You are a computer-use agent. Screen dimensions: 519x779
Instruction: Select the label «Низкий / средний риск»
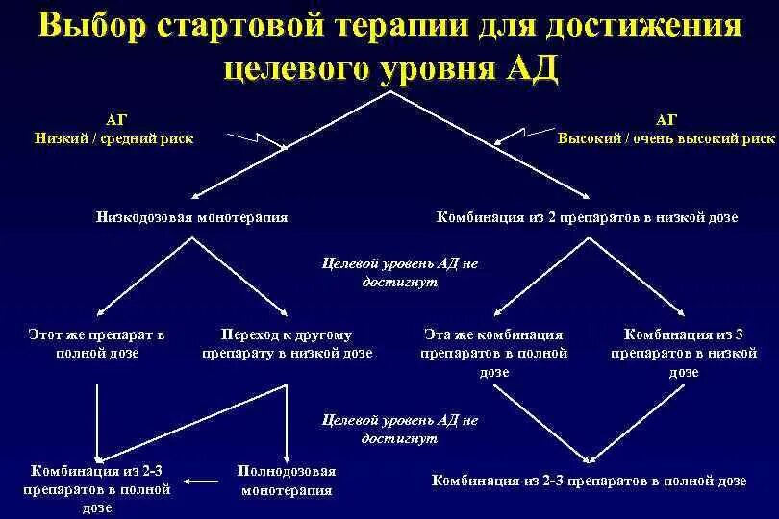tap(114, 137)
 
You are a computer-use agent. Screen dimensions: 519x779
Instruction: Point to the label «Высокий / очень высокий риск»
tap(666, 137)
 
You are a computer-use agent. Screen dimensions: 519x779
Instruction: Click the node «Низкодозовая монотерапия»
tap(191, 218)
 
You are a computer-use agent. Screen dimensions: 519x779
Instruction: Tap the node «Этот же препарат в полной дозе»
tap(96, 344)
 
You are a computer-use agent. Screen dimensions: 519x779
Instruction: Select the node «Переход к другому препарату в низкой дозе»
tap(287, 344)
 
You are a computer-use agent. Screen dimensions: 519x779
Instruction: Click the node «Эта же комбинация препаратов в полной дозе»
tap(493, 353)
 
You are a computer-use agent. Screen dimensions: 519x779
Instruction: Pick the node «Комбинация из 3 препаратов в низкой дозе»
tap(684, 353)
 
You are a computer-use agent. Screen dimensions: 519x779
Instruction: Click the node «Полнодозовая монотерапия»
tap(287, 481)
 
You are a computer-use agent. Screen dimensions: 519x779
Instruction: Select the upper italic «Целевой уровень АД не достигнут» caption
tap(399, 272)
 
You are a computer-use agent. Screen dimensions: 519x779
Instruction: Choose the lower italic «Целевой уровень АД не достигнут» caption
tap(399, 429)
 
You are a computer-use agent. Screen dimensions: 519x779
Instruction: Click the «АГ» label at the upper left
tap(114, 119)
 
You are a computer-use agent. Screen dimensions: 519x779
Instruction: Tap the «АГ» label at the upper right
tap(666, 119)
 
